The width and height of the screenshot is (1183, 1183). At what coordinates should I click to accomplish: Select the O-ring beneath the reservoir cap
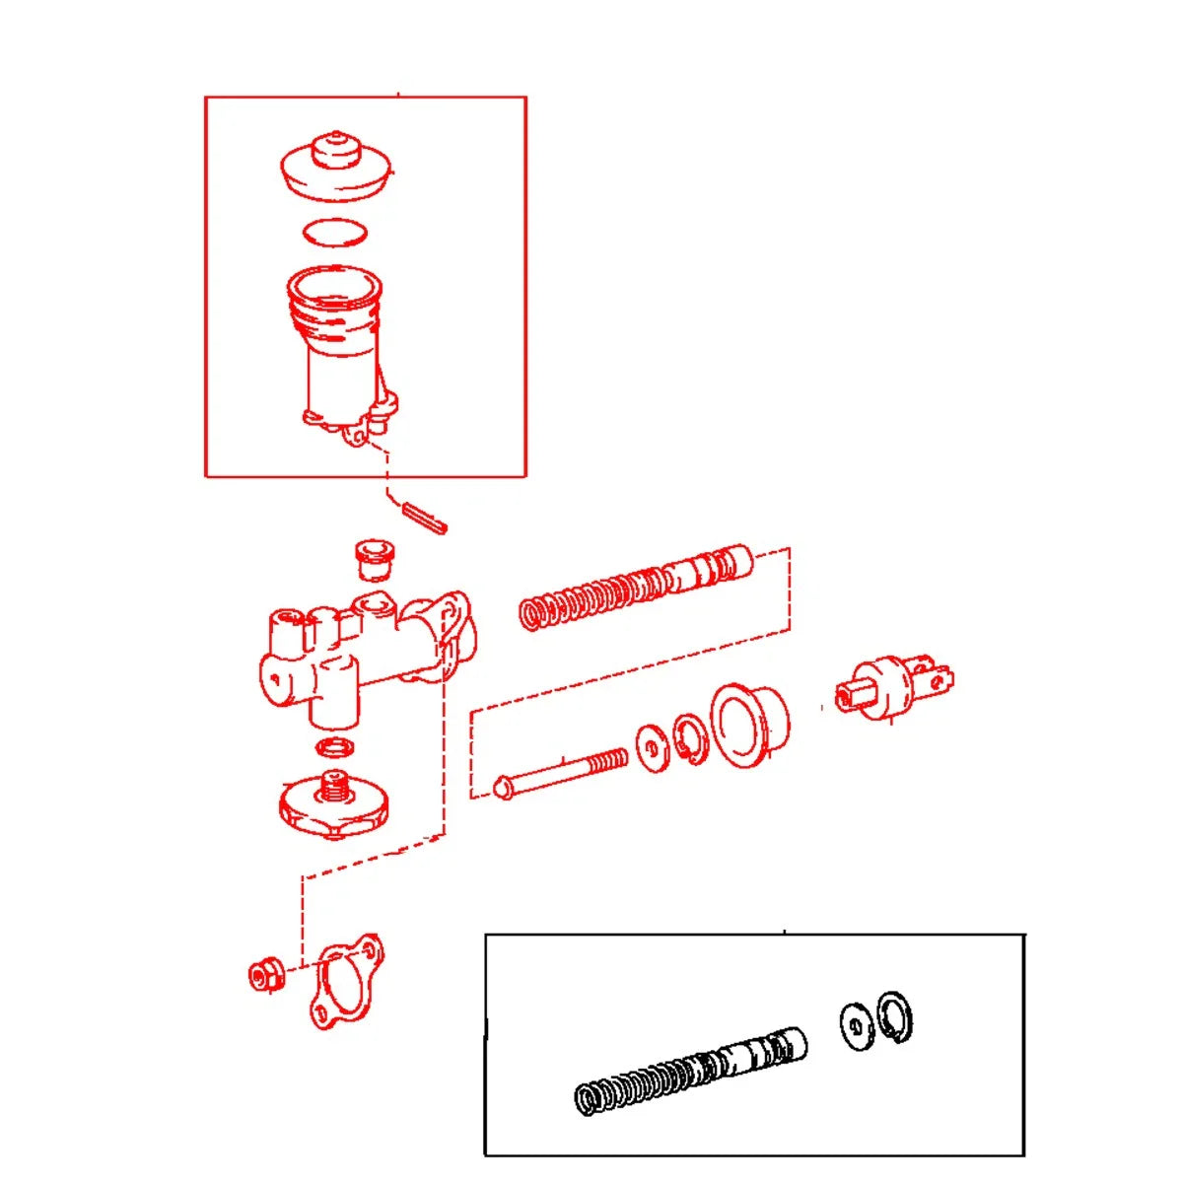click(336, 232)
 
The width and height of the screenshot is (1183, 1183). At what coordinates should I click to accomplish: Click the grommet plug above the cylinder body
click(374, 558)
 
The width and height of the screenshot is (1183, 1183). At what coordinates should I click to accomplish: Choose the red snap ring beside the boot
click(689, 738)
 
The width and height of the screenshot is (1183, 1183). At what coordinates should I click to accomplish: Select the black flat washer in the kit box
click(856, 1026)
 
